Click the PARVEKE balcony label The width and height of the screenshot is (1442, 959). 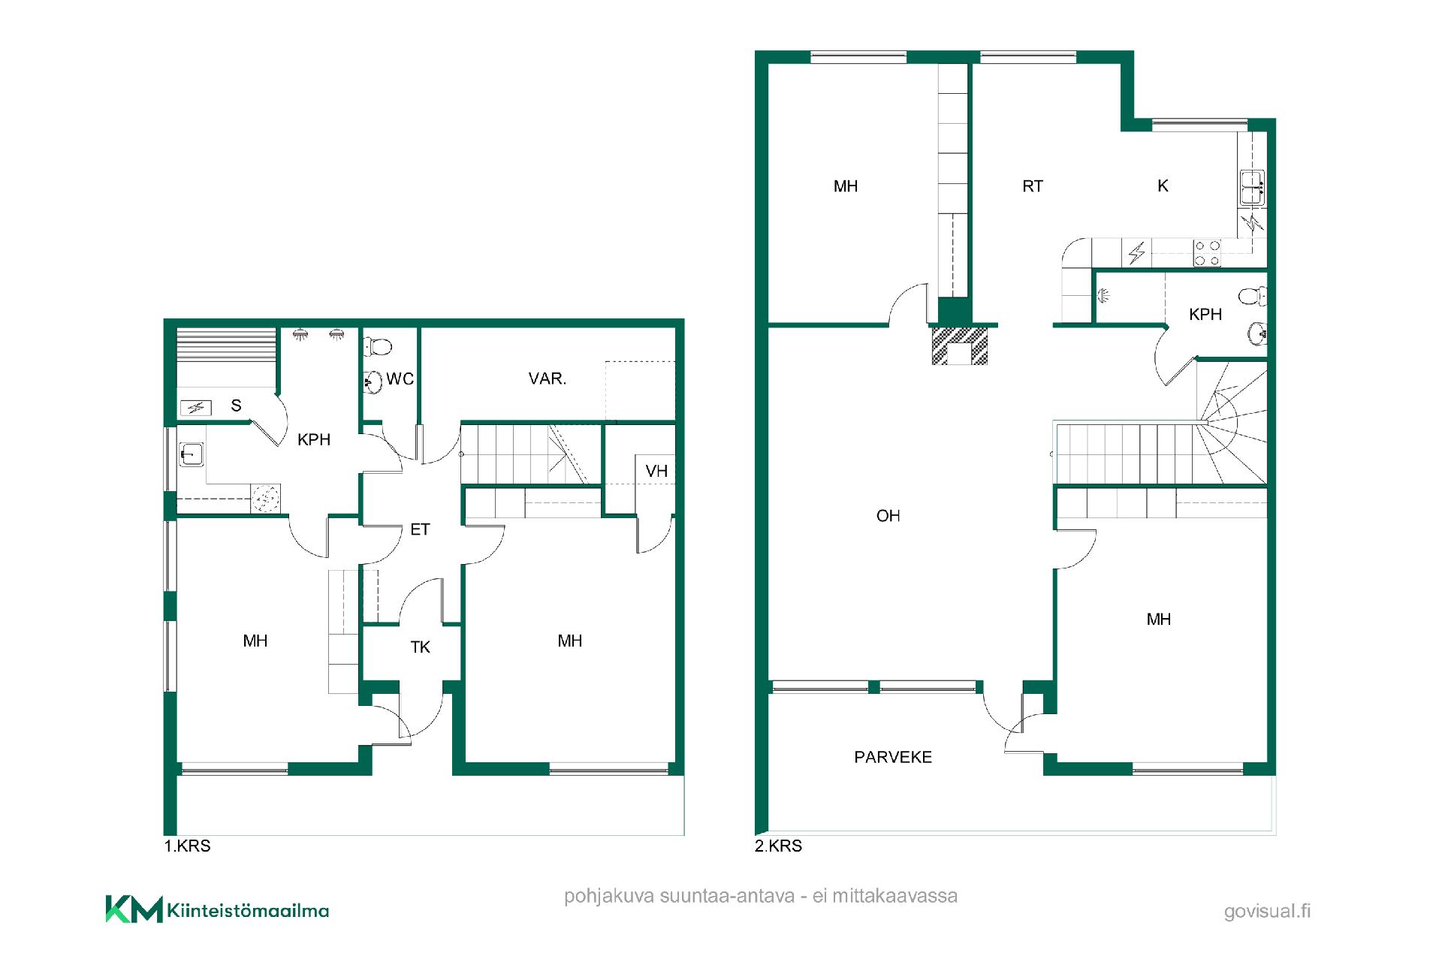point(893,757)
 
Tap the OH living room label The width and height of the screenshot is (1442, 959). point(888,516)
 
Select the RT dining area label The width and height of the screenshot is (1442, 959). point(1033,186)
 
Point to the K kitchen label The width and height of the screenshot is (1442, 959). point(1163,185)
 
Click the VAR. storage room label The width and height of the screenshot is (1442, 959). point(547,378)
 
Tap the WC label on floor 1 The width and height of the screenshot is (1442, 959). point(400,379)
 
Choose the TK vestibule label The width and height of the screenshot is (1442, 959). point(421,647)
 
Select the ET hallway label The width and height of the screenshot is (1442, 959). point(420,529)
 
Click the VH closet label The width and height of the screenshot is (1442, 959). point(656,471)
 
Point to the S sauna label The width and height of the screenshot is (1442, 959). point(236,406)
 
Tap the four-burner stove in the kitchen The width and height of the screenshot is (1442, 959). point(1207,253)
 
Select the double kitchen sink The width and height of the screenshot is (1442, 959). point(1251,188)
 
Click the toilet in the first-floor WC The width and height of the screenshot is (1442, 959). point(378,346)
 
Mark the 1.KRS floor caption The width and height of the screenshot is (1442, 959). point(187,846)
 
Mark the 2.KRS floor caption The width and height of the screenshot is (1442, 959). point(778,846)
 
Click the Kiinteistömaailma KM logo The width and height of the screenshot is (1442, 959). point(217,909)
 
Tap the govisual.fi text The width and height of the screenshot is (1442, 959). point(1267,912)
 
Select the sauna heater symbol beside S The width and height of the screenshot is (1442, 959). point(196,408)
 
